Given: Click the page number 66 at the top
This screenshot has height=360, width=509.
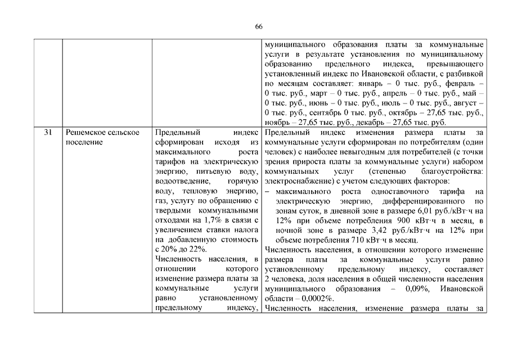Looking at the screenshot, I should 259,27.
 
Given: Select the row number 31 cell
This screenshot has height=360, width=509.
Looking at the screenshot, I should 48,132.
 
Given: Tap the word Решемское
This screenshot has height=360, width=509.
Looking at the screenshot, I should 85,132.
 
